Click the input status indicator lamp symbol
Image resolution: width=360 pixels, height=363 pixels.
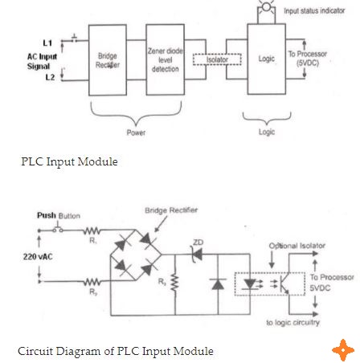pyautogui.click(x=266, y=6)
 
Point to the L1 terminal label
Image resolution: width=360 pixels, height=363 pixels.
pyautogui.click(x=47, y=43)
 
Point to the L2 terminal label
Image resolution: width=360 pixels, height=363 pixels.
pyautogui.click(x=50, y=77)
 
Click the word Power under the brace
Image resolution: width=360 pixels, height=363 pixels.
pyautogui.click(x=136, y=133)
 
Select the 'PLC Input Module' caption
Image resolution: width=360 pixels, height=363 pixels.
pyautogui.click(x=69, y=161)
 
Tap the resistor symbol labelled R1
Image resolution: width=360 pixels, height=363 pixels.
pyautogui.click(x=92, y=230)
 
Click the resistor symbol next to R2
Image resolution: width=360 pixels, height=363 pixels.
pyautogui.click(x=92, y=282)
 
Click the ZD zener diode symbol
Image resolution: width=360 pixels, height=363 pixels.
pyautogui.click(x=197, y=254)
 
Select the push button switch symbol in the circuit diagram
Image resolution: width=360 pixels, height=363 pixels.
pyautogui.click(x=58, y=229)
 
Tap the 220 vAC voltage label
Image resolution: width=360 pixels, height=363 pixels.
pyautogui.click(x=38, y=257)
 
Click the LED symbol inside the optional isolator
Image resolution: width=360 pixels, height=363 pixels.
pyautogui.click(x=250, y=284)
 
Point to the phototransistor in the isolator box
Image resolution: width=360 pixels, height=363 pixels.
pyautogui.click(x=284, y=283)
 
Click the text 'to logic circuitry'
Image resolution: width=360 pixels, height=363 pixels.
pyautogui.click(x=292, y=323)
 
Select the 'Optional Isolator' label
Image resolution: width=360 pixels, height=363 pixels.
pyautogui.click(x=297, y=246)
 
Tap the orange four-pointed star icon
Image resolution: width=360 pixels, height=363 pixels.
pyautogui.click(x=343, y=350)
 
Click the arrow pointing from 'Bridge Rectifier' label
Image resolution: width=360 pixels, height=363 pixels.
pyautogui.click(x=161, y=224)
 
